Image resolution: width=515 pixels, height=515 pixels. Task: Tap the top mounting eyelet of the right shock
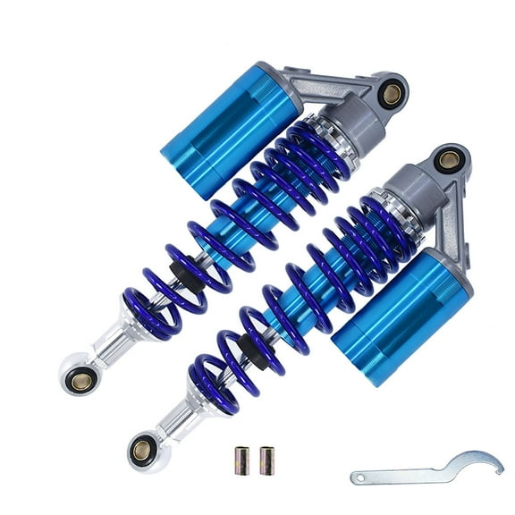coord(449,161)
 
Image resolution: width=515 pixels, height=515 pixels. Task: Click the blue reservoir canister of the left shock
coord(230,126)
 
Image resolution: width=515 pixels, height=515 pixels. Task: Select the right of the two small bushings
coord(265,460)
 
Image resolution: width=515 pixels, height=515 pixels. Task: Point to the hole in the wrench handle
coord(362,477)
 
